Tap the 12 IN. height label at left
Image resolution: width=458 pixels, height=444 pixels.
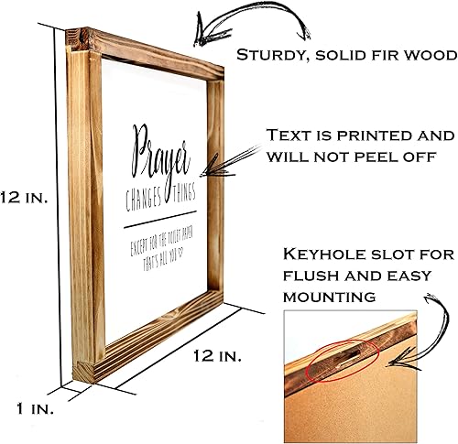(x=23, y=197)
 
